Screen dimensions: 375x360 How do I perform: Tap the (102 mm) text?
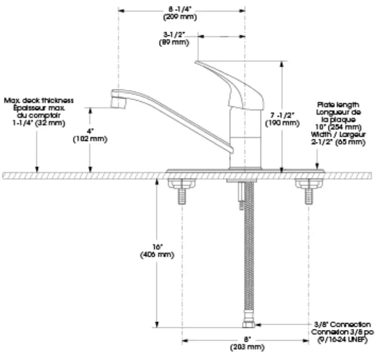(x=89, y=139)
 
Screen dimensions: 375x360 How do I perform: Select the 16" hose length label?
(x=157, y=247)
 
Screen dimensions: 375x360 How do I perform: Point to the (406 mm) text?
(x=157, y=254)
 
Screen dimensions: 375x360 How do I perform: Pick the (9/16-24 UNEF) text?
(x=343, y=340)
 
